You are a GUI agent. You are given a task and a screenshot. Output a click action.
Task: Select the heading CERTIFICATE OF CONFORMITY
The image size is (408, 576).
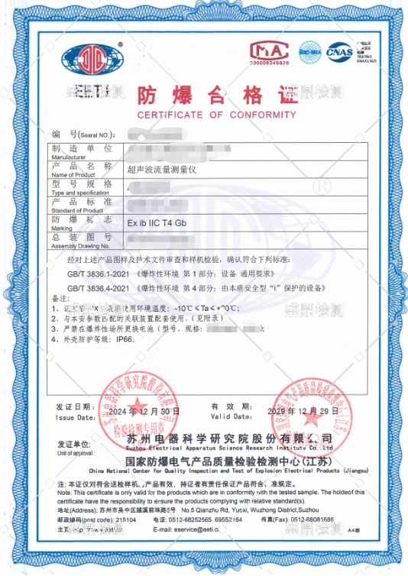point(216,115)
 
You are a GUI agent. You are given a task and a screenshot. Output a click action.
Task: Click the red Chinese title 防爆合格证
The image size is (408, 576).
point(215,95)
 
